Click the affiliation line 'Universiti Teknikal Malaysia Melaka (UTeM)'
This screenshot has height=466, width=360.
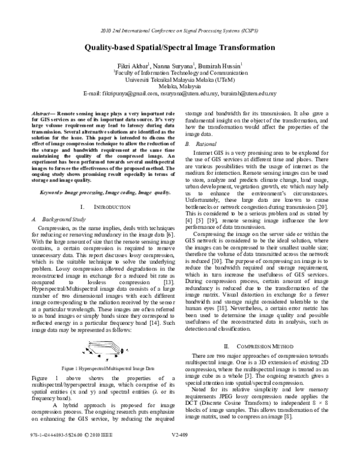pos(179,79)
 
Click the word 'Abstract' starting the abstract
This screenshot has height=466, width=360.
pos(41,113)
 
